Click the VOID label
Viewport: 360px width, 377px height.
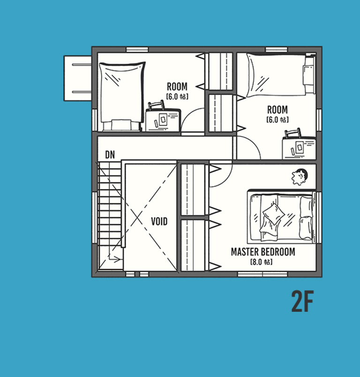(159, 221)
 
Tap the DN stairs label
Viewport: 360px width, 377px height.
(110, 155)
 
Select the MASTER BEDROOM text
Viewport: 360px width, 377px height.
(263, 252)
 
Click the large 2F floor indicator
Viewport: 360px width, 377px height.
(302, 301)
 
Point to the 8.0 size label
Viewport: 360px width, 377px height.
(262, 262)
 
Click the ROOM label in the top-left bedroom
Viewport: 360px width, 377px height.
(177, 86)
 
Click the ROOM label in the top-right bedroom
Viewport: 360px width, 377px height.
(277, 110)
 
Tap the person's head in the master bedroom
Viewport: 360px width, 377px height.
(300, 177)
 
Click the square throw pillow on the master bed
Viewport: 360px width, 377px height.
(273, 214)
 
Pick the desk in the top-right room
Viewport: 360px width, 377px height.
(299, 148)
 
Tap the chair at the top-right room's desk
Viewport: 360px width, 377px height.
(292, 133)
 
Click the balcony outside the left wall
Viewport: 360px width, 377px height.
(77, 78)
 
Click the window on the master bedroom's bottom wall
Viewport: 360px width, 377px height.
(262, 274)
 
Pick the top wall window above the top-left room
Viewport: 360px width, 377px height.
(137, 50)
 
